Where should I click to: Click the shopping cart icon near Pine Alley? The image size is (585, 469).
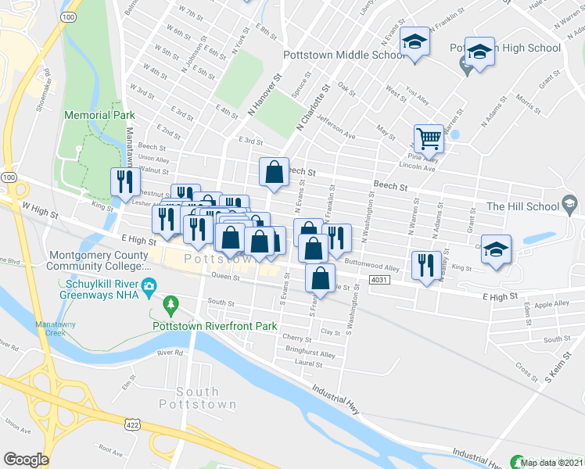click(429, 138)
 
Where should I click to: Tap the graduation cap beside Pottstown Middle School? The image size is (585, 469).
click(415, 45)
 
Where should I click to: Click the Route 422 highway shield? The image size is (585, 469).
click(131, 422)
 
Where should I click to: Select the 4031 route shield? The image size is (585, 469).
click(379, 279)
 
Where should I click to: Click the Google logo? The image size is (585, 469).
click(27, 459)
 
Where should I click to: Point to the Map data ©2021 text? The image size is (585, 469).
click(551, 463)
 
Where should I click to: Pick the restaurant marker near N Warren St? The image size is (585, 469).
click(425, 264)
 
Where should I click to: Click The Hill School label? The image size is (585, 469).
click(523, 206)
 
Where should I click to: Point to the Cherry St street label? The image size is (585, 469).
click(298, 338)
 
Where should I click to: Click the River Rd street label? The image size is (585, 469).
click(169, 353)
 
